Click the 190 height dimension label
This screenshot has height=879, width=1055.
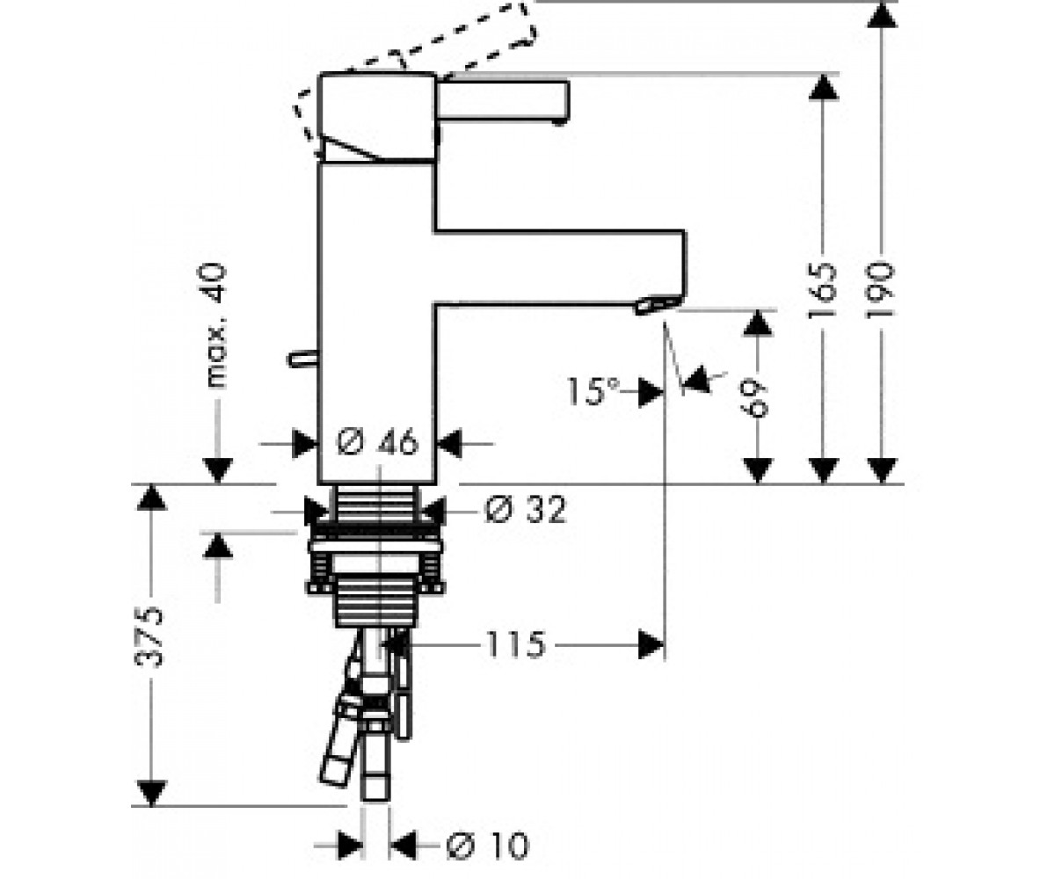pos(880,289)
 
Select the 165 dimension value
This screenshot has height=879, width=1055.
pos(822,290)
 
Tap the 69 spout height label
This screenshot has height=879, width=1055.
pos(756,399)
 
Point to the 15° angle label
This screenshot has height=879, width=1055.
pos(593,391)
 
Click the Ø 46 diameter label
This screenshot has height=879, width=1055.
pos(377,442)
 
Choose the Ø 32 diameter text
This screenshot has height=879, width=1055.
pos(525,509)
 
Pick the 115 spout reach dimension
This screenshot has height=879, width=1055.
pos(516,645)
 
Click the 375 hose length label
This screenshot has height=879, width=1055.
pos(150,636)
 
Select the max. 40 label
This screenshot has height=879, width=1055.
pos(211,326)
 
